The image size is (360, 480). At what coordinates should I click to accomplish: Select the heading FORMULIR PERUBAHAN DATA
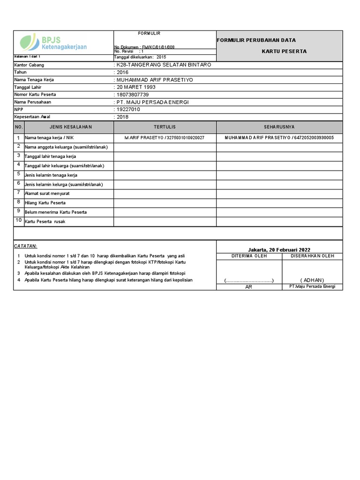[x=256, y=40]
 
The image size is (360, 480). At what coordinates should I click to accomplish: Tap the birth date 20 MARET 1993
[x=136, y=87]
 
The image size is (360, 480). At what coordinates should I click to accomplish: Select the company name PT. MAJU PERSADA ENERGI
[x=152, y=102]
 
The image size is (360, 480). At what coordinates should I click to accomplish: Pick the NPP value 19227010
[x=128, y=109]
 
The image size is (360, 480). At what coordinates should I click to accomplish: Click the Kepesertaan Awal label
[x=32, y=117]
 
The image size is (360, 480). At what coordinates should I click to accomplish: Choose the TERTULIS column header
[x=165, y=127]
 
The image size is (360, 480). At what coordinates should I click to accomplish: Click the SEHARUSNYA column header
[x=279, y=127]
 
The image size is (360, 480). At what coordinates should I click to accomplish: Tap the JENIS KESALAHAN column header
[x=68, y=127]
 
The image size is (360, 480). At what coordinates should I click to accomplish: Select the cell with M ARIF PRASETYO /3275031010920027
[x=165, y=138]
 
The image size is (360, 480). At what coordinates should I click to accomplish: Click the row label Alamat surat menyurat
[x=47, y=193]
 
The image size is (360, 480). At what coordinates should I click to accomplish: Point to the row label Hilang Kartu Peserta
[x=45, y=202]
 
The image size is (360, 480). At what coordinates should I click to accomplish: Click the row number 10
[x=19, y=220]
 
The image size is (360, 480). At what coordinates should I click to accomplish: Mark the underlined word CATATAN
[x=25, y=246]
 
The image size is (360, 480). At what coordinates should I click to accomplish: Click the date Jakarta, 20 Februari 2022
[x=279, y=250]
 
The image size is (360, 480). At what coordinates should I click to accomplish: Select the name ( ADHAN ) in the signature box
[x=312, y=280]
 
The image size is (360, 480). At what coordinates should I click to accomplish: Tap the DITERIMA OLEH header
[x=248, y=256]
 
